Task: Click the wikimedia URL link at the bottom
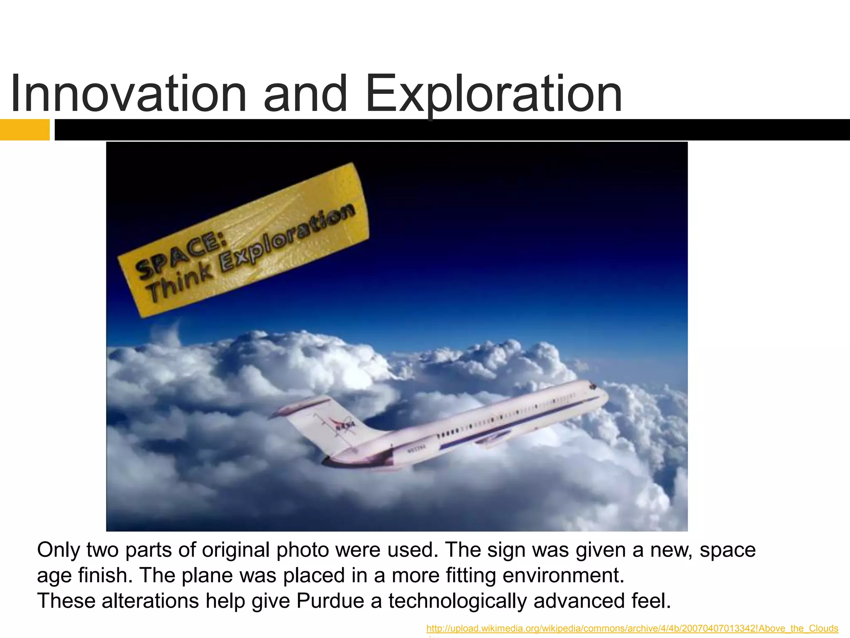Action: (632, 628)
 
